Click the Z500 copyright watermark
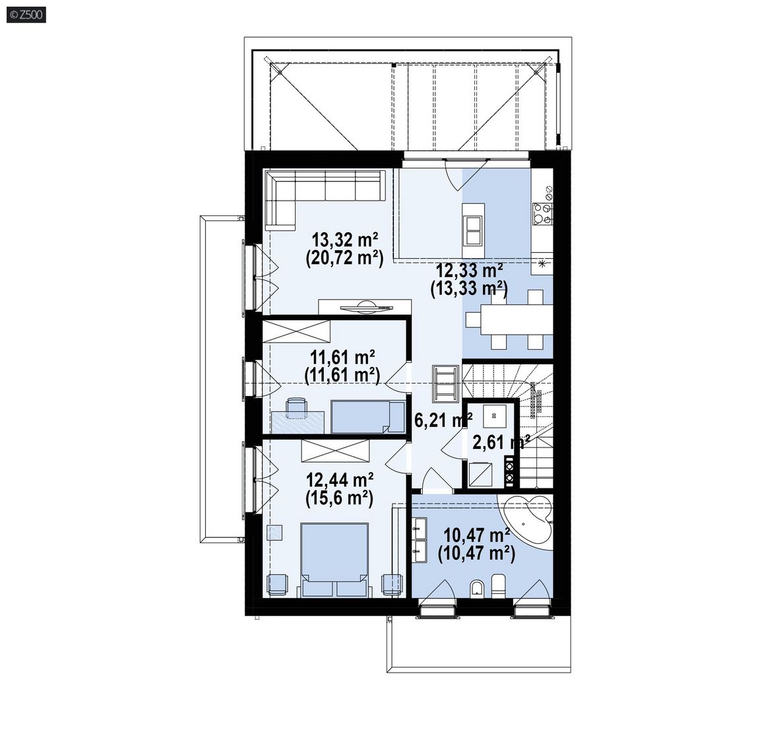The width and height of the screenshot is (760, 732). [x=26, y=15]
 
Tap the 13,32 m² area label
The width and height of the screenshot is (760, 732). [x=344, y=240]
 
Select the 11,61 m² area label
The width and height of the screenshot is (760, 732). [x=342, y=358]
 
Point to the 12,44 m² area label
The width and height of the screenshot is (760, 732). [x=339, y=480]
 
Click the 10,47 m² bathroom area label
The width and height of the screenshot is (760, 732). [x=477, y=535]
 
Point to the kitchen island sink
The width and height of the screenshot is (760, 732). [x=473, y=231]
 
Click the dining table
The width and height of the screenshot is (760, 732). [x=517, y=319]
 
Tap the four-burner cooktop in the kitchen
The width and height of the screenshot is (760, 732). [x=542, y=214]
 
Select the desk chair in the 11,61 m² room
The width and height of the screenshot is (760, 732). [x=296, y=407]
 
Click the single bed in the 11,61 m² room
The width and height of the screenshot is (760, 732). [x=368, y=416]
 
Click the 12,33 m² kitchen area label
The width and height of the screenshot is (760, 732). [x=469, y=270]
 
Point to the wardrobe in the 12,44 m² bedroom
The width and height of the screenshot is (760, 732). [x=335, y=450]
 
